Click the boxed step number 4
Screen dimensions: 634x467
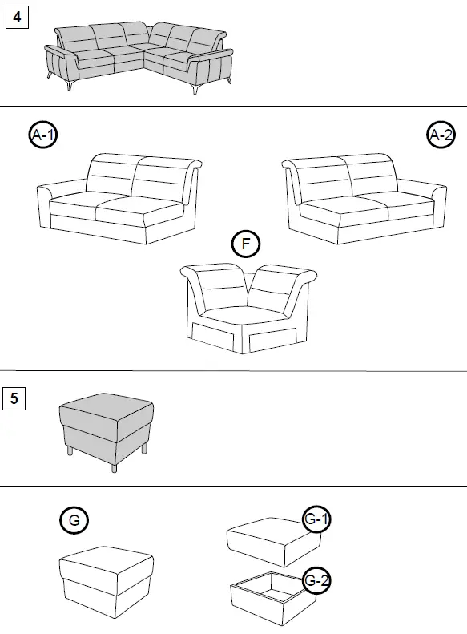(17, 17)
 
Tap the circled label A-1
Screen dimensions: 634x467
(43, 136)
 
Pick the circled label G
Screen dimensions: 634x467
(74, 520)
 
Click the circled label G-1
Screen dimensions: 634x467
(317, 520)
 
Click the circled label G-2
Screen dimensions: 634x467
(317, 580)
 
